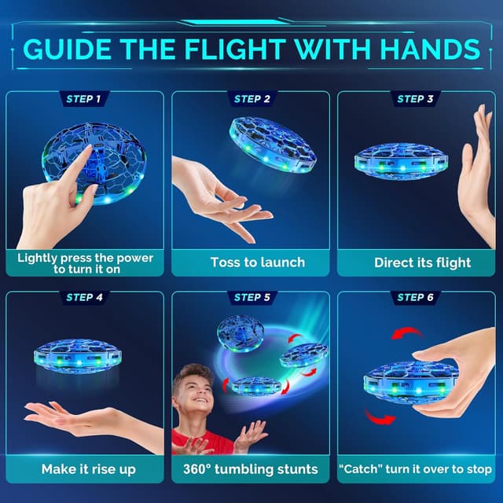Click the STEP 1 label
pyautogui.click(x=83, y=99)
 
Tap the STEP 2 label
pyautogui.click(x=251, y=99)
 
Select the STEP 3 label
pyautogui.click(x=416, y=99)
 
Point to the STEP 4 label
pyautogui.click(x=85, y=298)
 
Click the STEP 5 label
pyautogui.click(x=251, y=298)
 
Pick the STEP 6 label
pyautogui.click(x=416, y=298)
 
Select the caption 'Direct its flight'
pyautogui.click(x=421, y=263)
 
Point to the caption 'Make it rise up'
pyautogui.click(x=87, y=469)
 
